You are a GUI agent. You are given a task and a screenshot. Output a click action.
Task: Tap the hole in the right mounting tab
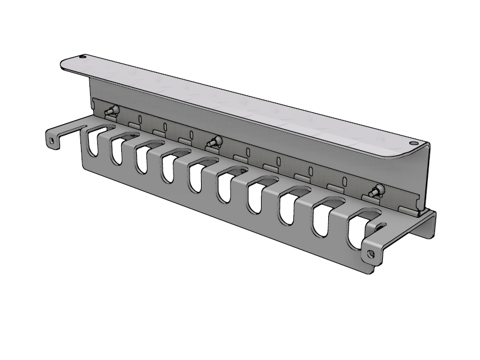click(371, 254)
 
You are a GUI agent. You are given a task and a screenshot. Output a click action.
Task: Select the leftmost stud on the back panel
click(110, 112)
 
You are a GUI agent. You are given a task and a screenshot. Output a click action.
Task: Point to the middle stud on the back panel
click(214, 142)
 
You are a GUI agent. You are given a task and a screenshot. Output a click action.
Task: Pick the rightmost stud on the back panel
click(377, 192)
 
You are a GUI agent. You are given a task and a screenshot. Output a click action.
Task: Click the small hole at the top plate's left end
click(82, 58)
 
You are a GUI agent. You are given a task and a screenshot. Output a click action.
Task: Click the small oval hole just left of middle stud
click(191, 134)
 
